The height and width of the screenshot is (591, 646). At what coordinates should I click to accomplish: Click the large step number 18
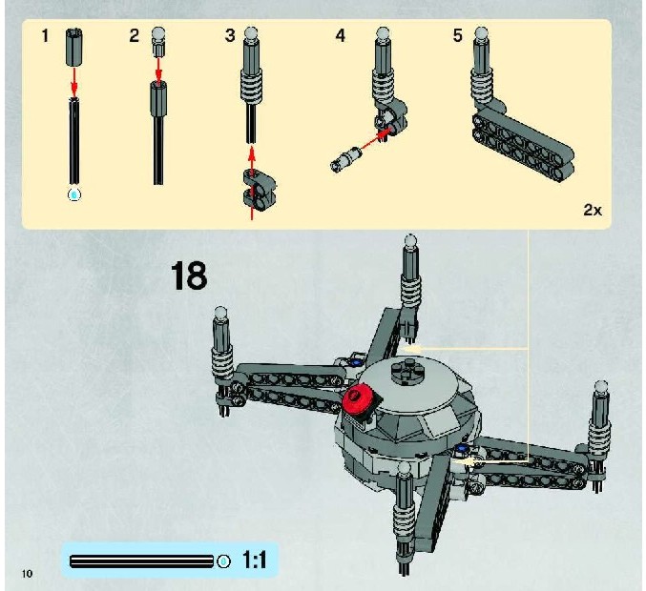189,275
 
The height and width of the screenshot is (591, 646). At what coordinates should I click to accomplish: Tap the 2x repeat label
593,210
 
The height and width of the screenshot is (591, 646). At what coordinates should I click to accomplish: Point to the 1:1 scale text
254,560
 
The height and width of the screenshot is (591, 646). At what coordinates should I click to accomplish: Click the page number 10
27,573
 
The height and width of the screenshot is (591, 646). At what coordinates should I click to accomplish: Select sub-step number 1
45,36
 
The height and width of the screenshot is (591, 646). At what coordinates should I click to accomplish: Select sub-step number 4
340,35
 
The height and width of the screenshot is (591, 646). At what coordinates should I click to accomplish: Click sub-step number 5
457,35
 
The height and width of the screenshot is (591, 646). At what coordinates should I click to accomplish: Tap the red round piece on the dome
357,399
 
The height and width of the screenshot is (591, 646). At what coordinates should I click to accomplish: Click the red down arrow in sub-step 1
73,81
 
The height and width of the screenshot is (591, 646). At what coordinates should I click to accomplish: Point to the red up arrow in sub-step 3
252,184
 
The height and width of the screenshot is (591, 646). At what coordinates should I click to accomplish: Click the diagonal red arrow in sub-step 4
376,139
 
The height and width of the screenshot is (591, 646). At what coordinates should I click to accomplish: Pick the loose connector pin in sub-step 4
345,159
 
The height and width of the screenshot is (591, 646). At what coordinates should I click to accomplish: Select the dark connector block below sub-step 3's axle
260,189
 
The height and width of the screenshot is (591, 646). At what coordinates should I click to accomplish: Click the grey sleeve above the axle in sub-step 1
73,47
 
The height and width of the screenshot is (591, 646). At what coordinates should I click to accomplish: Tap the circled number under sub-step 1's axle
74,194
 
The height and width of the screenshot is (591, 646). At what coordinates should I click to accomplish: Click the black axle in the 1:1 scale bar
142,561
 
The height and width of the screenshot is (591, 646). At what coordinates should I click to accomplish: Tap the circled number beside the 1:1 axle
223,561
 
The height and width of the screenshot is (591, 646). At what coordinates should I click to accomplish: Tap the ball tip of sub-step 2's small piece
158,33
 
